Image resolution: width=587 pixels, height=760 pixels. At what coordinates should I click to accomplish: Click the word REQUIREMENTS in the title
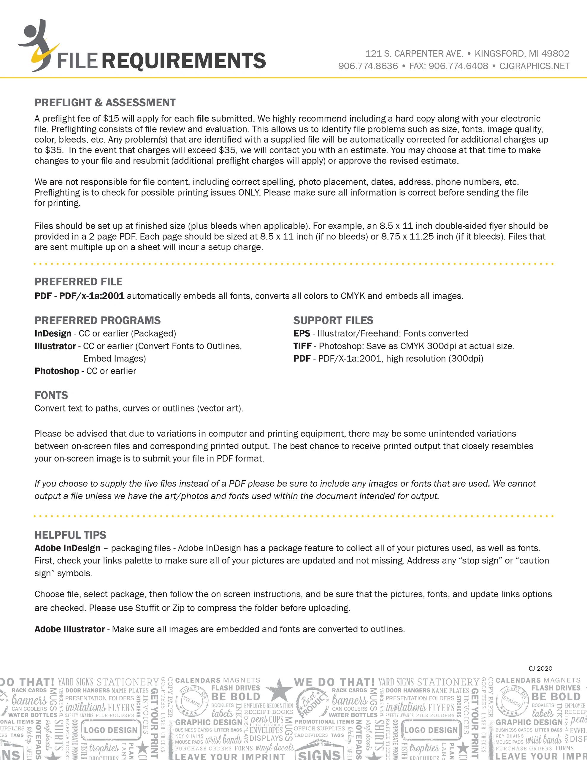click(x=184, y=60)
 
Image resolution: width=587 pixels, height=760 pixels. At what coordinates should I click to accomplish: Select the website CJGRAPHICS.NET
click(x=534, y=66)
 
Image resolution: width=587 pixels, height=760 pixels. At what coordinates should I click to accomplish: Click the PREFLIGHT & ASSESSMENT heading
click(x=105, y=103)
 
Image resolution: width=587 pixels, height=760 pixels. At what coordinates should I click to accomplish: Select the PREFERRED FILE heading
click(x=79, y=281)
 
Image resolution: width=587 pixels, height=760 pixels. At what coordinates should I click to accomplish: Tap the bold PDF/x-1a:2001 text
click(x=92, y=296)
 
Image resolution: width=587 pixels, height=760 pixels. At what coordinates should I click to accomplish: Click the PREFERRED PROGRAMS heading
click(x=97, y=320)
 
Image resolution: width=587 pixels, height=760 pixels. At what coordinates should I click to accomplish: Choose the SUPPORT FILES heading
click(x=333, y=320)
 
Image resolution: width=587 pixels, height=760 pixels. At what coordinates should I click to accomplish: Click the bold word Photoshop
click(x=57, y=371)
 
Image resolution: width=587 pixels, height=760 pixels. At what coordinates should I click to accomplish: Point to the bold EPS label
click(x=301, y=333)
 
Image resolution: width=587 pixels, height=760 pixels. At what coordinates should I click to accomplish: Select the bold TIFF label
click(x=302, y=346)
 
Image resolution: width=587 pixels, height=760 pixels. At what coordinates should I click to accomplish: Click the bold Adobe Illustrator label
click(x=69, y=629)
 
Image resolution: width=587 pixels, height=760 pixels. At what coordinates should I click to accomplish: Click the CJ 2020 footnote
click(x=540, y=668)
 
